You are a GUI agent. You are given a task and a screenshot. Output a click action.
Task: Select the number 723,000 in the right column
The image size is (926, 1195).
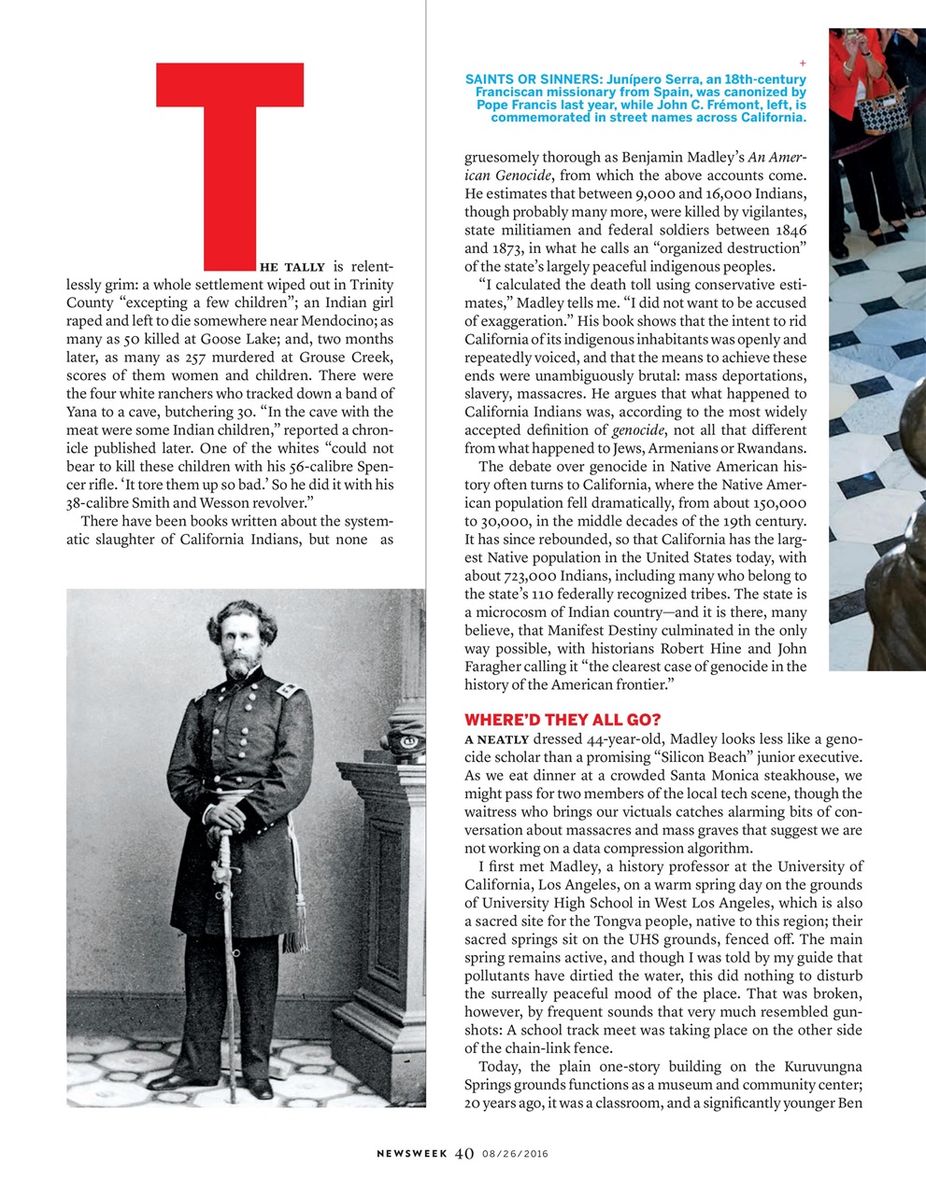[x=535, y=576]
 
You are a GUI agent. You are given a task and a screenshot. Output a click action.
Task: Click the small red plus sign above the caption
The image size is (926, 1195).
[x=802, y=63]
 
